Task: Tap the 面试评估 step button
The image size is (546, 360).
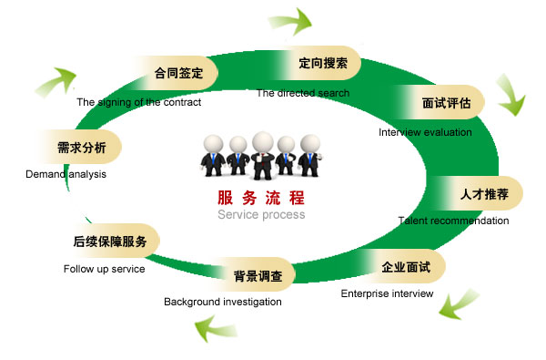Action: click(440, 103)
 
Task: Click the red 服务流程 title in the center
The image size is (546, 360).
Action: click(261, 198)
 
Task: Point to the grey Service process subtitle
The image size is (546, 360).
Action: click(261, 215)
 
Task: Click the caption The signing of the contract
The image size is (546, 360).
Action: click(138, 102)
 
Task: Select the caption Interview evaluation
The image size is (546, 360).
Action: click(425, 132)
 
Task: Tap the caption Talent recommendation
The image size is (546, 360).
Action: click(453, 221)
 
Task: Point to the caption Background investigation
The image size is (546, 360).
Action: click(222, 302)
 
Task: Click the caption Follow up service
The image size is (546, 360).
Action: click(104, 270)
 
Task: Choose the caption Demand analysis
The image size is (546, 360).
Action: click(66, 173)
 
